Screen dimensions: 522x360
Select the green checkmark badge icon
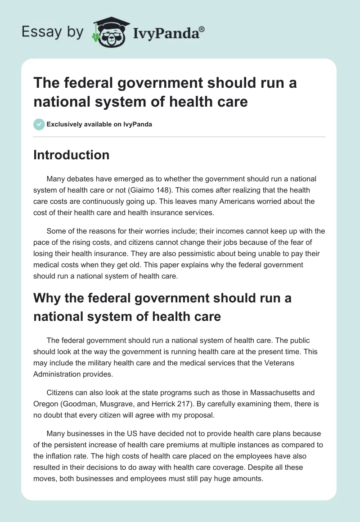coord(39,124)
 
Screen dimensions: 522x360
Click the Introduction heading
coord(71,155)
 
